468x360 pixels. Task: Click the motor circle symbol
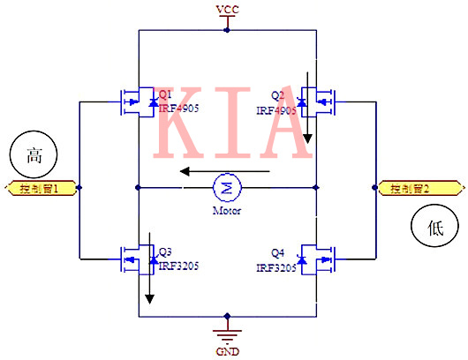pos(228,187)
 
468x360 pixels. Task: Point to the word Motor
pos(227,211)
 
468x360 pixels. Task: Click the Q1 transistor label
pos(165,94)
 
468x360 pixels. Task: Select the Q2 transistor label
pos(277,94)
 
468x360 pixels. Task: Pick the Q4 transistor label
pos(277,251)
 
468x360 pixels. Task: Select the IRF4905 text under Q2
pos(276,110)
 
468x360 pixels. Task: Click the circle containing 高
pos(34,155)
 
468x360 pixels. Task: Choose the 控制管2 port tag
pos(419,188)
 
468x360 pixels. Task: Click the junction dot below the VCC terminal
pos(227,30)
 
